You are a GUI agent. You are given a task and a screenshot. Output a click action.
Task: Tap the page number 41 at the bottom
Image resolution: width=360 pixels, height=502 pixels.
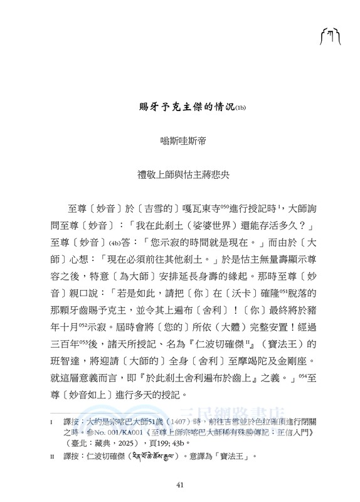180,483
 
